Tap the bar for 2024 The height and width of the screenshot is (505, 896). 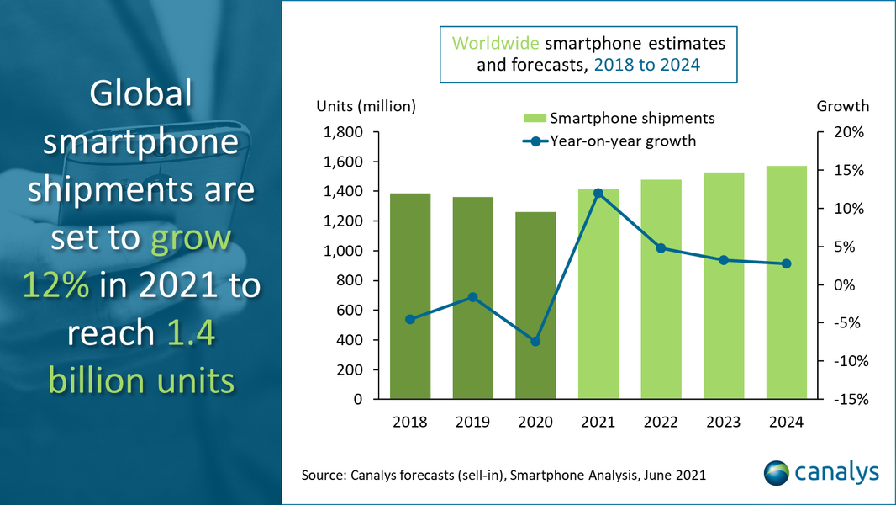(x=786, y=283)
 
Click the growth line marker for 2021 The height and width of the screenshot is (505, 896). (x=598, y=193)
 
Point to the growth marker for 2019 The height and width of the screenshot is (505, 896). (x=472, y=297)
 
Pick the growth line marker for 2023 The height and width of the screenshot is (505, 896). (x=724, y=260)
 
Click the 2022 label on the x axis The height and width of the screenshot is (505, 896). (x=661, y=423)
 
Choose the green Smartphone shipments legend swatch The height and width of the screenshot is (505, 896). (x=534, y=118)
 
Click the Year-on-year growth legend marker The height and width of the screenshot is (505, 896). (x=535, y=141)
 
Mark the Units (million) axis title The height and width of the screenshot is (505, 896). (x=366, y=106)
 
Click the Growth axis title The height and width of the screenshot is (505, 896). (x=843, y=106)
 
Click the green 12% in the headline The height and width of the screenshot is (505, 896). (x=57, y=285)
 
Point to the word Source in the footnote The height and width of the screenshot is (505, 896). (x=323, y=476)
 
